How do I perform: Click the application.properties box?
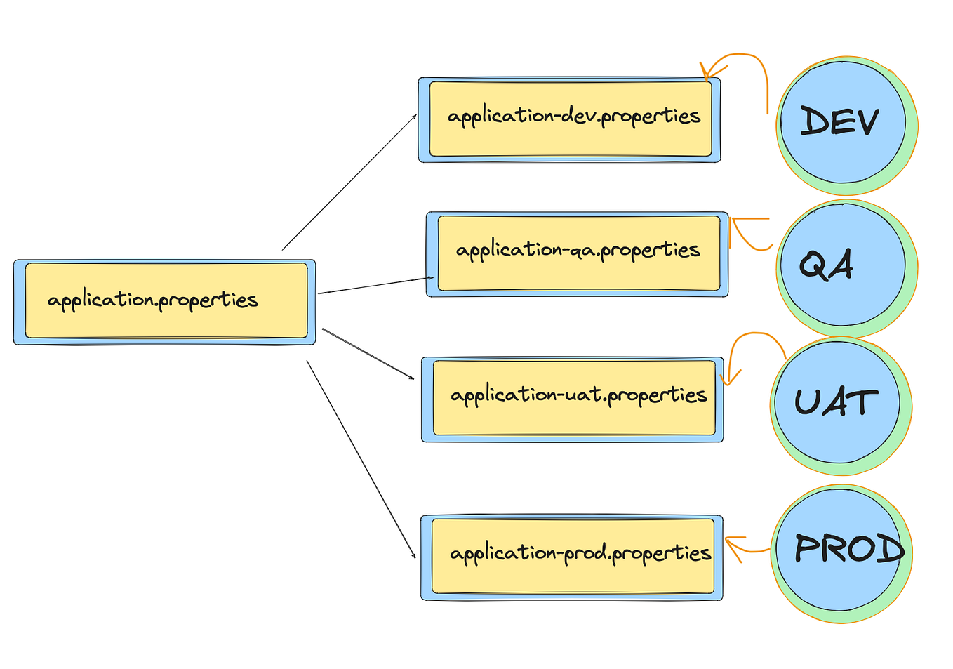tap(165, 303)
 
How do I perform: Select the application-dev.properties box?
tap(569, 120)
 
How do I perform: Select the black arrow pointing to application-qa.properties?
tap(375, 285)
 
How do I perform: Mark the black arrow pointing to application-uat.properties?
tap(368, 354)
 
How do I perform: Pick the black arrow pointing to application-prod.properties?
tap(361, 459)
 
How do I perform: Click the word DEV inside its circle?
tap(839, 121)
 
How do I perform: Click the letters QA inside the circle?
tap(826, 265)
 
